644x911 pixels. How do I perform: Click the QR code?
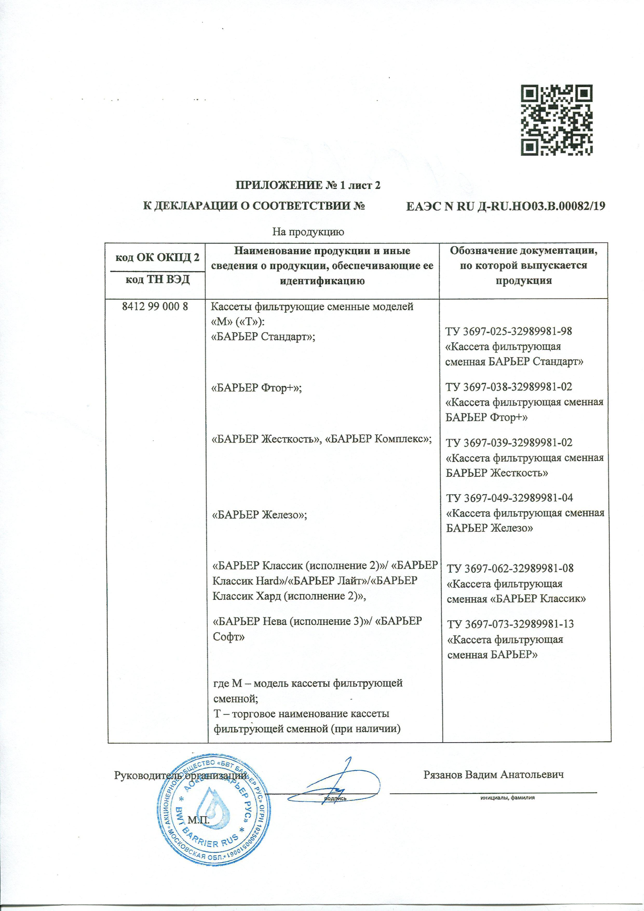coord(557,120)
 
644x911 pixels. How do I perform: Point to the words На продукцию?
coord(308,232)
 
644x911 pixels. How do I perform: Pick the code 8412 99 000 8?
coord(155,307)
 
